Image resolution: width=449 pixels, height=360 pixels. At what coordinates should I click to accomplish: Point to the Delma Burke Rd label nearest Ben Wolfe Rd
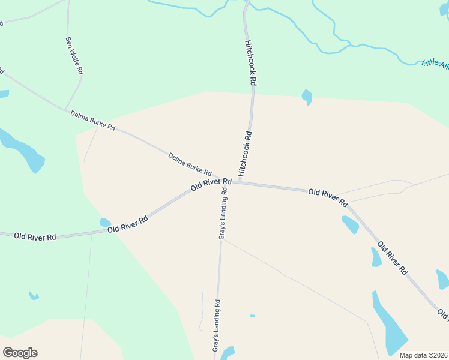(x=92, y=120)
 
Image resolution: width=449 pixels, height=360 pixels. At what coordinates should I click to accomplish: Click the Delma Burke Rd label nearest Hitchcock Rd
(x=190, y=164)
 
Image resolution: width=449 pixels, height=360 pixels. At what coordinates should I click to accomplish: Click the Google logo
(x=20, y=353)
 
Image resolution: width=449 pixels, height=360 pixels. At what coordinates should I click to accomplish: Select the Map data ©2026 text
(x=423, y=355)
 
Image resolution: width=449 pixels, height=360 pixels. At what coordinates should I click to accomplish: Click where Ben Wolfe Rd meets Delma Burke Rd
(x=65, y=110)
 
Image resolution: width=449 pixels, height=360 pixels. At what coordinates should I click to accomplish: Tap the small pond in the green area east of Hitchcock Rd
(x=307, y=96)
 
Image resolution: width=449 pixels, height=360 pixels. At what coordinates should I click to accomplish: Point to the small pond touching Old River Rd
(x=105, y=223)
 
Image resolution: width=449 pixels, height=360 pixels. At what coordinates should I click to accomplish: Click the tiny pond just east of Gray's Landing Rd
(x=252, y=316)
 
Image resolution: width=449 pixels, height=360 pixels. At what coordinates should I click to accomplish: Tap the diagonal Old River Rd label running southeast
(x=393, y=259)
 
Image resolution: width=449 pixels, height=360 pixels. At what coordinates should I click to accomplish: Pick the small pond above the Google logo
(x=34, y=295)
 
